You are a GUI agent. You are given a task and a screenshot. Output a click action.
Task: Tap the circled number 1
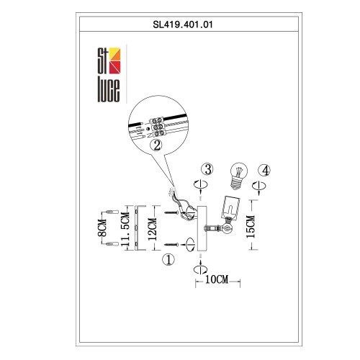click(168, 259)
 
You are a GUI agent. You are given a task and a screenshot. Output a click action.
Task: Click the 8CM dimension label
click(102, 229)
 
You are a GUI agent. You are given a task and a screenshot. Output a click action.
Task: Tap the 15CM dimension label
click(250, 230)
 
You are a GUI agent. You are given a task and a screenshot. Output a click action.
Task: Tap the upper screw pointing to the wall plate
click(171, 212)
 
